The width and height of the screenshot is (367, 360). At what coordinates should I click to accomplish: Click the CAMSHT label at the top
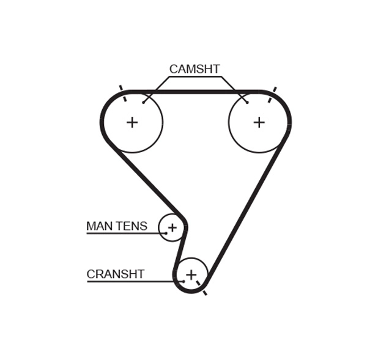(194, 69)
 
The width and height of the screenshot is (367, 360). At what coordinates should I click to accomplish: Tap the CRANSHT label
(116, 274)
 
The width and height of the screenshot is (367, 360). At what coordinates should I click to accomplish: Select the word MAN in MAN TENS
(99, 226)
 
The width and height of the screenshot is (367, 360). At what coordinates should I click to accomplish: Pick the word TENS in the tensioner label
(132, 226)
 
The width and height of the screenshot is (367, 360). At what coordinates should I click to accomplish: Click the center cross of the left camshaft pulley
(132, 122)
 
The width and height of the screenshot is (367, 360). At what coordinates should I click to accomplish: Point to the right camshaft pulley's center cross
(259, 122)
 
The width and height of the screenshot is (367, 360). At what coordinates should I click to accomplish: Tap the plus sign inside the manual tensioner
(172, 228)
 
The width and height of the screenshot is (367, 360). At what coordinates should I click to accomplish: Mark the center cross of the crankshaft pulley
(191, 275)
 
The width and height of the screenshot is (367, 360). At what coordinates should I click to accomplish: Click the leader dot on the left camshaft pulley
(144, 102)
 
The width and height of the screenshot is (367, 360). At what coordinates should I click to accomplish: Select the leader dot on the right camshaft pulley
(247, 102)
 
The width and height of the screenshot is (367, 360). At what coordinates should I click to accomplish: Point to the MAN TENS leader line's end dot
(165, 233)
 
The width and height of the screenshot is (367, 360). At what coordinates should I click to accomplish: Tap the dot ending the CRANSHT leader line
(183, 281)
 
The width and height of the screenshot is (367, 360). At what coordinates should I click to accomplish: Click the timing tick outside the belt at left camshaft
(120, 88)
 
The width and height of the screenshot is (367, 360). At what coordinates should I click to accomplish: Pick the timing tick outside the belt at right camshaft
(274, 89)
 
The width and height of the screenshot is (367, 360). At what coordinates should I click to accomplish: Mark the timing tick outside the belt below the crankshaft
(204, 293)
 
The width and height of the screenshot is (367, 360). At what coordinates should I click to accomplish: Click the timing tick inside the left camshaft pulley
(125, 98)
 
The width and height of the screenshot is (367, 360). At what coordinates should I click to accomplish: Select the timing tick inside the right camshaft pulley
(269, 100)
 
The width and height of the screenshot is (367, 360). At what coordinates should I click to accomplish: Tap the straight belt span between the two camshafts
(196, 92)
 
